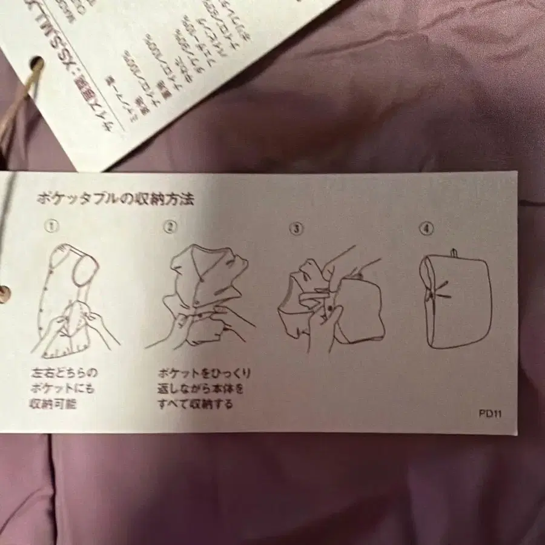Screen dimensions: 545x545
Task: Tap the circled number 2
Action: pyautogui.click(x=170, y=227)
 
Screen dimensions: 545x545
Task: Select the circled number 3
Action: pyautogui.click(x=296, y=229)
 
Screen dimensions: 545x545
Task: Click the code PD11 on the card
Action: pyautogui.click(x=489, y=414)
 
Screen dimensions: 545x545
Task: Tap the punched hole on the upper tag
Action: pyautogui.click(x=36, y=64)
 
